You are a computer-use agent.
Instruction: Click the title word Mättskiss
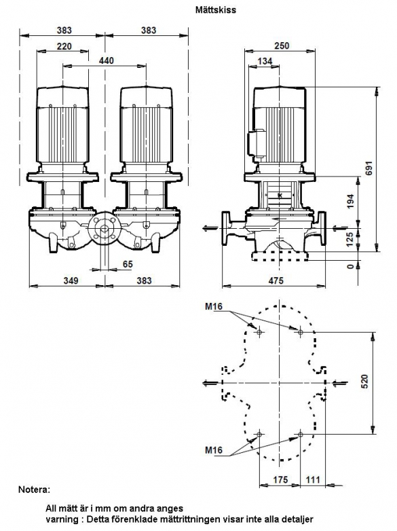(216, 10)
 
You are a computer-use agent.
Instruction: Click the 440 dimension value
(107, 60)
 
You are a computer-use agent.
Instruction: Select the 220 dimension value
(64, 46)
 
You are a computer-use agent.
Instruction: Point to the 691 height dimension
(368, 168)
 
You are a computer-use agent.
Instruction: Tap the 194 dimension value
(350, 201)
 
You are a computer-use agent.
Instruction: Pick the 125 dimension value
(350, 239)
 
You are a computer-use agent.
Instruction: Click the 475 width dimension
(276, 280)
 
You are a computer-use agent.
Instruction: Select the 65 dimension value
(128, 264)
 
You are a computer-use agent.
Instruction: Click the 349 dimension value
(71, 280)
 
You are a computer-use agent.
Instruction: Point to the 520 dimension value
(364, 382)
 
